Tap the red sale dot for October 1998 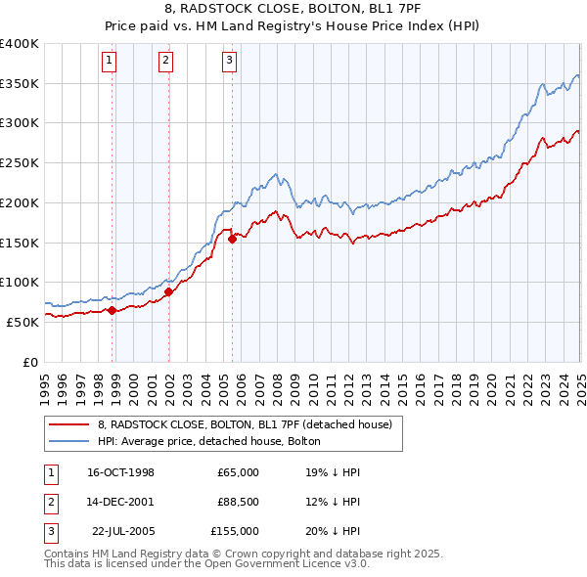coord(113,311)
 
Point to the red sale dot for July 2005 coord(233,239)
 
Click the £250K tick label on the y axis coord(20,162)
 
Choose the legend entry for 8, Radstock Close coord(245,424)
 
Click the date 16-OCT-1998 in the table coord(120,472)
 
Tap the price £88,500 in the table coord(238,502)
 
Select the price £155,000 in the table coord(235,531)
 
